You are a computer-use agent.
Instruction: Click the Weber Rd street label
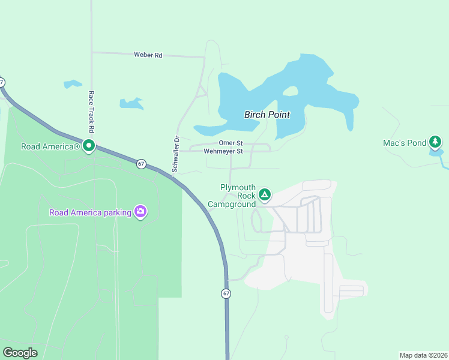pyautogui.click(x=148, y=55)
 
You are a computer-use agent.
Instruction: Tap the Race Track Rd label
pyautogui.click(x=92, y=112)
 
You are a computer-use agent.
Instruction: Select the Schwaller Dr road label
pyautogui.click(x=176, y=154)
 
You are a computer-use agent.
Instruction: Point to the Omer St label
pyautogui.click(x=231, y=143)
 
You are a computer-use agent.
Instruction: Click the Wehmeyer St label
pyautogui.click(x=223, y=151)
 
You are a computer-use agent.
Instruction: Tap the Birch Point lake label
pyautogui.click(x=267, y=115)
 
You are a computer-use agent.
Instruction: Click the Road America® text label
pyautogui.click(x=50, y=146)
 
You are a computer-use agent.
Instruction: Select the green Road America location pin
pyautogui.click(x=89, y=145)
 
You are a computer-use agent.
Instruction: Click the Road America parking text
pyautogui.click(x=90, y=212)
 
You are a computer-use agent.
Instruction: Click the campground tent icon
pyautogui.click(x=265, y=194)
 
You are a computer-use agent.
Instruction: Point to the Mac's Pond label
pyautogui.click(x=404, y=143)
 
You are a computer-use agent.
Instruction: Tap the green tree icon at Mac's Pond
pyautogui.click(x=435, y=142)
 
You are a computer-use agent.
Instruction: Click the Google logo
pyautogui.click(x=20, y=353)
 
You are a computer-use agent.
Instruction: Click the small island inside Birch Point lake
pyautogui.click(x=290, y=91)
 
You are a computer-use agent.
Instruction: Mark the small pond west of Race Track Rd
pyautogui.click(x=73, y=84)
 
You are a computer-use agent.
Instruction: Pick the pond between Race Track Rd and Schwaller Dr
pyautogui.click(x=131, y=103)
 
